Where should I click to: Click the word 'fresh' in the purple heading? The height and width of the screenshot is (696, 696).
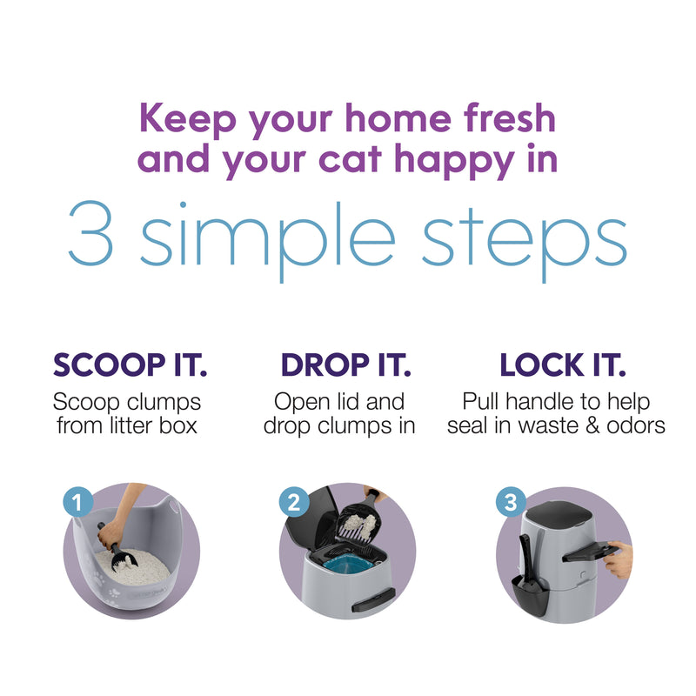click(510, 118)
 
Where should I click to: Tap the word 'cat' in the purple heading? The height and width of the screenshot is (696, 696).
click(351, 159)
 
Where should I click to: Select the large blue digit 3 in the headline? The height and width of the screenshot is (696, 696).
click(90, 233)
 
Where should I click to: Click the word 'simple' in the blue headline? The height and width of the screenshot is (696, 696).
click(267, 242)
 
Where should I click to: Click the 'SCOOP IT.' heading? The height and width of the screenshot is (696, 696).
click(130, 365)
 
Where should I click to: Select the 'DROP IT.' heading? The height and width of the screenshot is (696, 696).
click(346, 365)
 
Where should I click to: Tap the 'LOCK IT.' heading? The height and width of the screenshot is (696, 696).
click(563, 365)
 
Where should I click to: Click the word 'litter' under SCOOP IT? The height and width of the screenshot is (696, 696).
click(131, 425)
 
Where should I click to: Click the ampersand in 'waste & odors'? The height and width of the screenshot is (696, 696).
click(592, 425)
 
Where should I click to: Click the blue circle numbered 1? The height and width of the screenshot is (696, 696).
click(78, 503)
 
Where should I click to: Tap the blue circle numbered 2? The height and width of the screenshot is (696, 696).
click(294, 503)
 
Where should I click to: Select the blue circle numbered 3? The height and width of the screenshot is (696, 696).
click(511, 503)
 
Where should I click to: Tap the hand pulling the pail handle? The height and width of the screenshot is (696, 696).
click(619, 560)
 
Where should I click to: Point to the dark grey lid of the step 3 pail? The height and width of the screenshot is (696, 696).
click(559, 516)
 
